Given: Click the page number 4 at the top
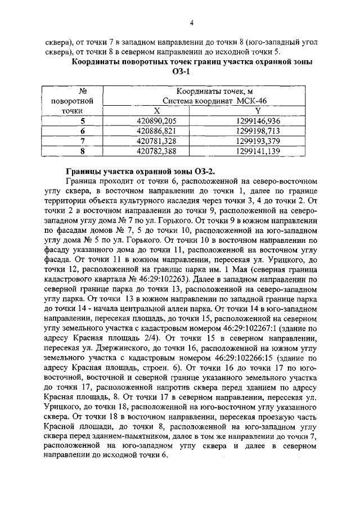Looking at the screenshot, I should coord(192,23).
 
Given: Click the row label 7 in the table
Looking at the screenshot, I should coord(83,141).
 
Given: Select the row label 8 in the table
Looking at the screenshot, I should coord(83,151).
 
